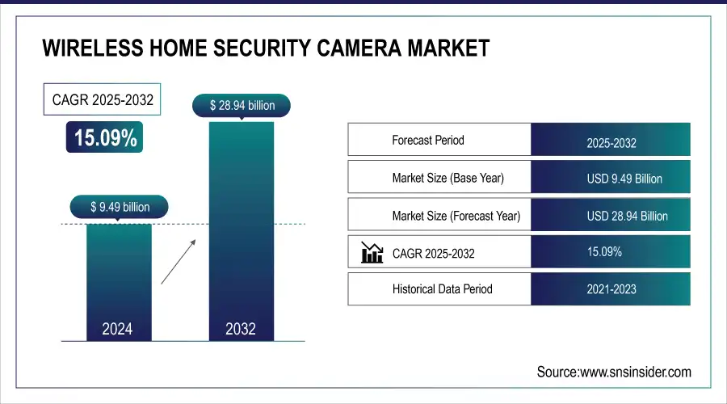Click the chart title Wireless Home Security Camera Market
(x=265, y=49)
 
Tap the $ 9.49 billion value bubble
(x=120, y=207)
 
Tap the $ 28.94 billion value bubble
(x=240, y=105)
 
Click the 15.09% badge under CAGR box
(x=106, y=138)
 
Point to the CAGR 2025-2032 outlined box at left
(x=102, y=100)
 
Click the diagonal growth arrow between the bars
(x=178, y=260)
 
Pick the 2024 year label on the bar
(x=117, y=329)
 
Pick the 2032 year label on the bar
(x=240, y=329)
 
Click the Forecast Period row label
(x=428, y=140)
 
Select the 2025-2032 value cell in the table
(x=611, y=143)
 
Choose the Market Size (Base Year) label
(x=448, y=178)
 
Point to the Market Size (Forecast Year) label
(x=456, y=216)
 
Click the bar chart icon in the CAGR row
(x=372, y=254)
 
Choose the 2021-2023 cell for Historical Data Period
(x=611, y=289)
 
